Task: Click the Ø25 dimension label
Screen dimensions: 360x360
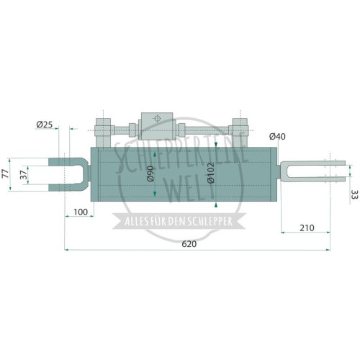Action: coord(45,125)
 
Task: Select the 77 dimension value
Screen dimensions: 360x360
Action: coord(5,174)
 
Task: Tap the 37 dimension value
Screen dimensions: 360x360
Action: coord(24,175)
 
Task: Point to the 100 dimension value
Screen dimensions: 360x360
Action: coord(81,212)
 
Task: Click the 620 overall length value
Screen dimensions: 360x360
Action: coord(189,244)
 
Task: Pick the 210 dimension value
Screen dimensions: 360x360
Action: coord(307,228)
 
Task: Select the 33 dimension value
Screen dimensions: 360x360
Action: coord(354,194)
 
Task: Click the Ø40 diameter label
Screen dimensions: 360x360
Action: coord(277,137)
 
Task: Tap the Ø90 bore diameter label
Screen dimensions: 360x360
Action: coord(150,174)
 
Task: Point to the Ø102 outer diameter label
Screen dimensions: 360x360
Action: coord(210,173)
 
